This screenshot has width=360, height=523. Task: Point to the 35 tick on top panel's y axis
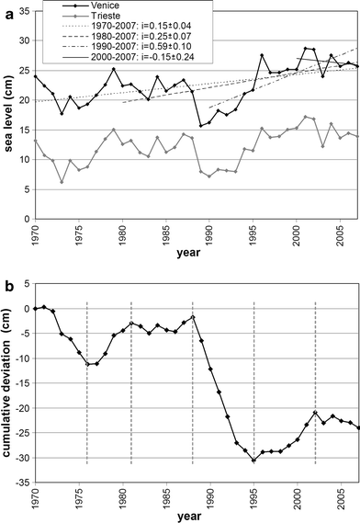(x=21, y=9)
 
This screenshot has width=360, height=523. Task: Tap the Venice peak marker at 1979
(x=114, y=69)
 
